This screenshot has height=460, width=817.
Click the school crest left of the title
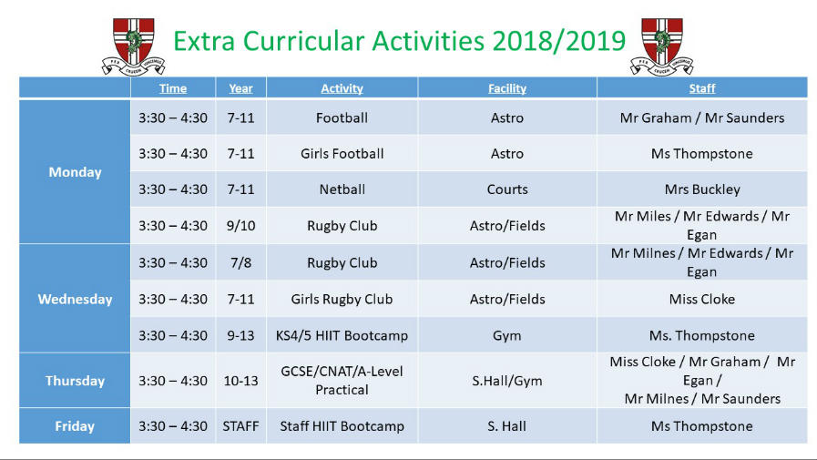pos(133,46)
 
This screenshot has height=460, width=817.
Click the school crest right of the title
pos(662,46)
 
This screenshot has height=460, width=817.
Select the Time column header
pos(173,88)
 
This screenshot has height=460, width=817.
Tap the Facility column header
pos(507,88)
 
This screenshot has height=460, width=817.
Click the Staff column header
pos(702,88)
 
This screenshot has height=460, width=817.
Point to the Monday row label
pos(75,172)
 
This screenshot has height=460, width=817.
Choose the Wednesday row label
pos(75,299)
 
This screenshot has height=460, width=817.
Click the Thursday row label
pos(75,381)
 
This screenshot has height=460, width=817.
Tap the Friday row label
pos(75,426)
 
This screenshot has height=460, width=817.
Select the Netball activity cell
pos(342,189)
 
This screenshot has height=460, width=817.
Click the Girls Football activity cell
pos(342,154)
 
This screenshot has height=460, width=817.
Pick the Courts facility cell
pos(507,189)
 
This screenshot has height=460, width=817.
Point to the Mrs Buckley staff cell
pos(702,189)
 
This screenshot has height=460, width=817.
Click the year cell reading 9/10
pos(240,226)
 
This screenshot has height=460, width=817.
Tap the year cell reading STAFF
pos(240,426)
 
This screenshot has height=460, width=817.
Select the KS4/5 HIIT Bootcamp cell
pos(342,335)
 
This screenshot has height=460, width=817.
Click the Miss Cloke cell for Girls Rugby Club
pos(702,299)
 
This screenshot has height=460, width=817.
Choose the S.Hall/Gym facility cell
pos(507,381)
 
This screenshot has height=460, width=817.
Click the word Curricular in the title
pos(304,41)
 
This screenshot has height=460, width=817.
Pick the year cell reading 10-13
pos(240,381)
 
